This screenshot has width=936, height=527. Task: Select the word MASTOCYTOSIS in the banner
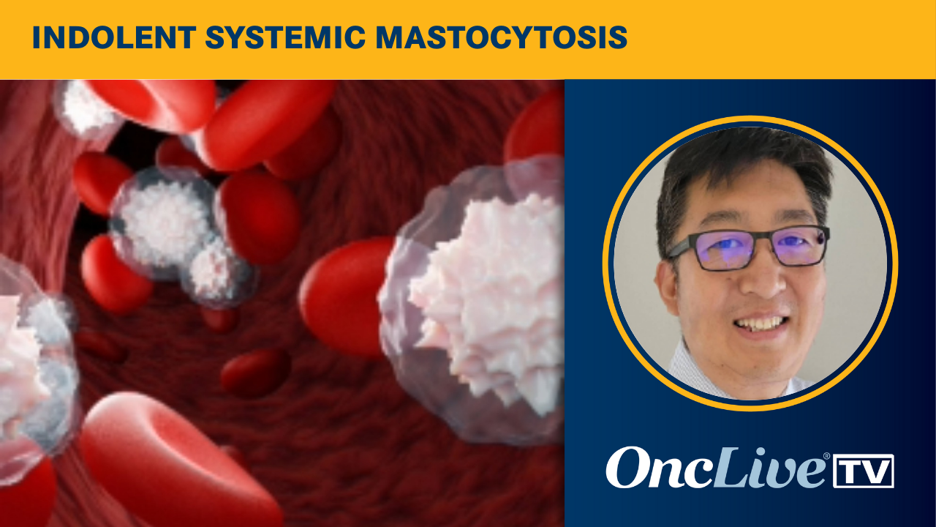pos(501,39)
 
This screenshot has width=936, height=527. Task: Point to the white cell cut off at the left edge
pos(29,366)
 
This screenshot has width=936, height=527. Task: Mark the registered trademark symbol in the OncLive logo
pos(826,457)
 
